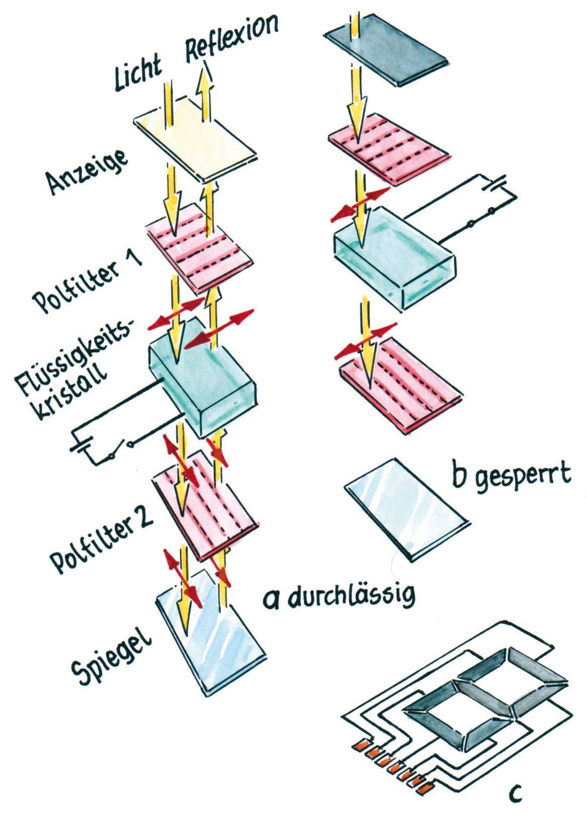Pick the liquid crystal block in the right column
tap(395, 257)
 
